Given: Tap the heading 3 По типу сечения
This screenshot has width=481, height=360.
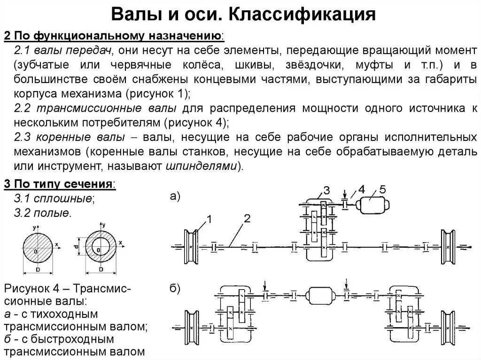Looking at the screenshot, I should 59,184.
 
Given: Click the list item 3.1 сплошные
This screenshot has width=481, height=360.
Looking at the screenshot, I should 54,198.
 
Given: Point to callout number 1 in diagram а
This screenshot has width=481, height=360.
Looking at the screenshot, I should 209,219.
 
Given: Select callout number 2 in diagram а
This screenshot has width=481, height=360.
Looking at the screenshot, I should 248,217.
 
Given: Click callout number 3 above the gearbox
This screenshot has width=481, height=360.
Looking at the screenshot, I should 326,191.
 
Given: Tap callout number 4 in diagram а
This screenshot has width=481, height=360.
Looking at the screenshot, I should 361,190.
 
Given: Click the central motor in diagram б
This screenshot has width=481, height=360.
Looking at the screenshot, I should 321,296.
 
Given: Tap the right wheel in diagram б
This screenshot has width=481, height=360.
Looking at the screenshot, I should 447,324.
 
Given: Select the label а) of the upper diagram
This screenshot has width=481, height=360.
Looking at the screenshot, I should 175,196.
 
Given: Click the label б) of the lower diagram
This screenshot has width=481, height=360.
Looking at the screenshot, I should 175,288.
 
